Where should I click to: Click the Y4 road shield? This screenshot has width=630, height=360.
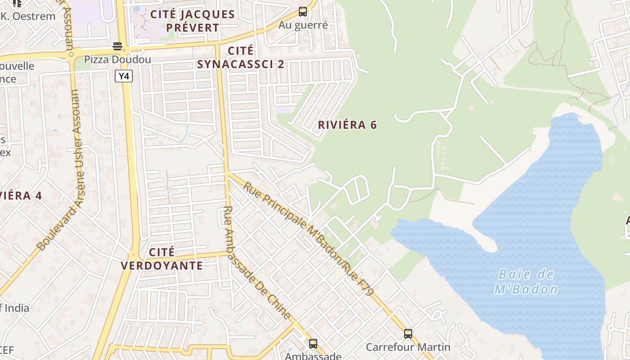124,76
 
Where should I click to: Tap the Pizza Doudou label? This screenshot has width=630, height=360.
117,59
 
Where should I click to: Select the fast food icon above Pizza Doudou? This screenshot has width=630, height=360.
117,46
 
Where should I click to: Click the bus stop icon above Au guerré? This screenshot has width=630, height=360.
303,12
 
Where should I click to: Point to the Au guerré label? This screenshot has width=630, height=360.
303,25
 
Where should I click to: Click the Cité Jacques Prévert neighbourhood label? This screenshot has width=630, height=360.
192,21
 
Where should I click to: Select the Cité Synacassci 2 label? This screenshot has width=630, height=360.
241,57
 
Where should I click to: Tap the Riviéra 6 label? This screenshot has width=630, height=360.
347,125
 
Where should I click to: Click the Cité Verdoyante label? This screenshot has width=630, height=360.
162,259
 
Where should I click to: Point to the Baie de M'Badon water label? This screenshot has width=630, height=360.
526,282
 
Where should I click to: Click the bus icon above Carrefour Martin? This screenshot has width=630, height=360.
408,334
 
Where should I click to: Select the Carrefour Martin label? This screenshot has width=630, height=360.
408,347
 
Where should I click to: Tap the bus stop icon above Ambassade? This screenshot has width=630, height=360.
313,344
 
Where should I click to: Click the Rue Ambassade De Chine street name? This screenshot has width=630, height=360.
256,263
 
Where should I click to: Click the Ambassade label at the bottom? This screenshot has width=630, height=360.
313,356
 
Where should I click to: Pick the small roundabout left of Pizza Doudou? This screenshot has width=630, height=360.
71,54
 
